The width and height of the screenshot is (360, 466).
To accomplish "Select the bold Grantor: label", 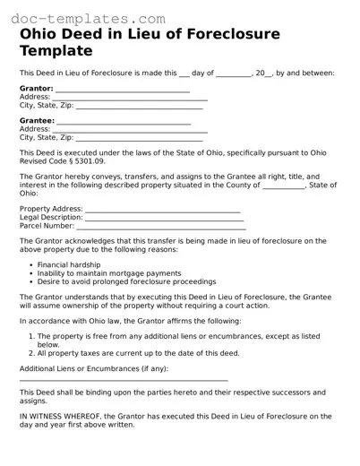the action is tap(36, 89).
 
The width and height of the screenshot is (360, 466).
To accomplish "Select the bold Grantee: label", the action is tap(37, 121).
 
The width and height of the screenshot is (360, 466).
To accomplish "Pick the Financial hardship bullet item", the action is tap(73, 265).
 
